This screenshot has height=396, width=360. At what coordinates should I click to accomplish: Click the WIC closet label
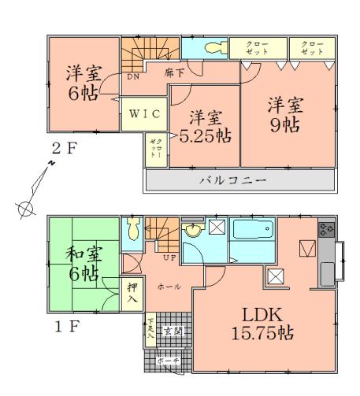tap(146, 113)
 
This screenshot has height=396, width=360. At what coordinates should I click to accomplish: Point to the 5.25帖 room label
tap(206, 126)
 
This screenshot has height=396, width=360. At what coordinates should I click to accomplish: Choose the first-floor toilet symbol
tap(133, 229)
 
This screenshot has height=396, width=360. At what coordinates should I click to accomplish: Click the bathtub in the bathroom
tap(252, 234)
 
